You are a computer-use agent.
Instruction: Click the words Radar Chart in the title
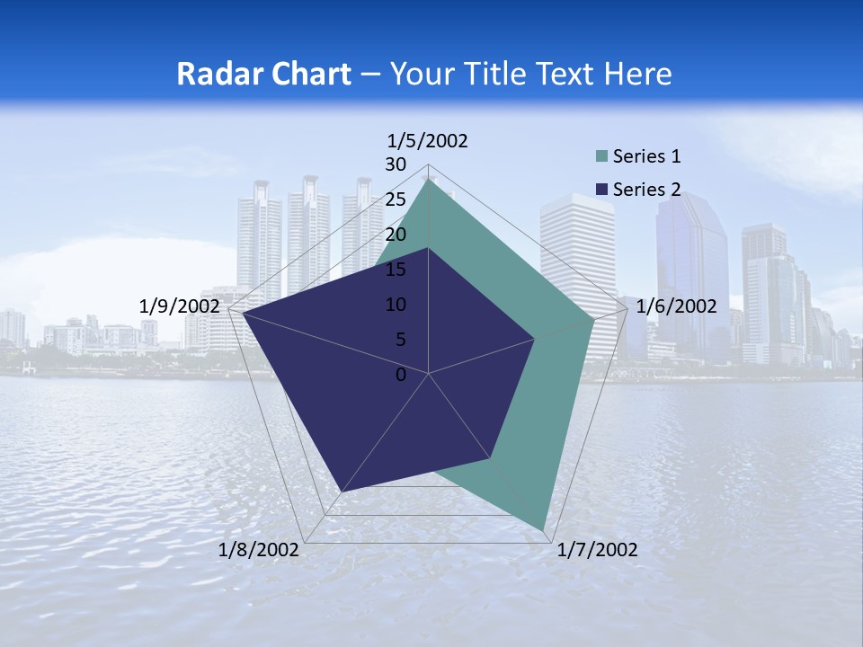pos(263,74)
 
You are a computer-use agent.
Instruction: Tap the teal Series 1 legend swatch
pos(602,157)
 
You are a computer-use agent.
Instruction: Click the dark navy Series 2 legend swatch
pos(602,190)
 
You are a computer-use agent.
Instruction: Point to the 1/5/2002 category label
pos(428,141)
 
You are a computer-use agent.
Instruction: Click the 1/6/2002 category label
pos(676,306)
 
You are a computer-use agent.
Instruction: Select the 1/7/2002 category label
pos(598,550)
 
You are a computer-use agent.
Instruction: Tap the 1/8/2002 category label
pos(259,550)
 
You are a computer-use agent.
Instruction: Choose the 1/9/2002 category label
pos(180,306)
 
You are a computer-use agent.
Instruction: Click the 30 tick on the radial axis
pos(396,164)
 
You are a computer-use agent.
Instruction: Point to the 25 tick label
pos(396,199)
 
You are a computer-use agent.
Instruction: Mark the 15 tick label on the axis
pos(396,270)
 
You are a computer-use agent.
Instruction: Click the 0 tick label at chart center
pos(401,375)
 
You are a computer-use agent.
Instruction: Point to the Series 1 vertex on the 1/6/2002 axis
pos(593,319)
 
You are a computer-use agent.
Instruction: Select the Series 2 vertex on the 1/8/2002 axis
pos(342,492)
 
